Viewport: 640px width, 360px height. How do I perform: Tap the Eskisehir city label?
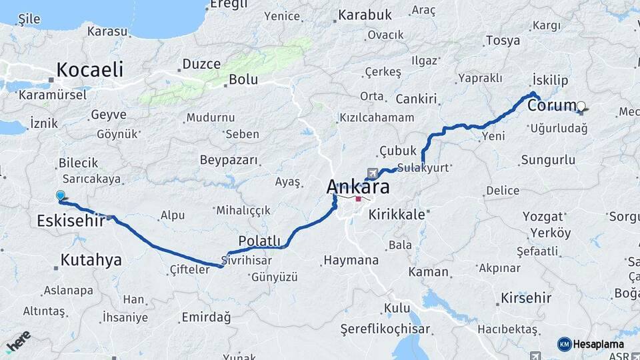[71, 220]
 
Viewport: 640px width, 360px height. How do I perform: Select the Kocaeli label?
[90, 69]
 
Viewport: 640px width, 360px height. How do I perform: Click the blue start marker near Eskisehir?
[61, 195]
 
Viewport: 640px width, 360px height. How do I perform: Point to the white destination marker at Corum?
[581, 106]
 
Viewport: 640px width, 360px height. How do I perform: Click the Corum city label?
[551, 106]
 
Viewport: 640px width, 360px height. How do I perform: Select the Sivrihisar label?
[249, 260]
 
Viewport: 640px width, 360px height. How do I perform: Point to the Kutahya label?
[91, 260]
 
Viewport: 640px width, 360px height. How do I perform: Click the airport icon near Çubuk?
[372, 173]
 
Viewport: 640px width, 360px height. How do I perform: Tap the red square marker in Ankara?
[359, 198]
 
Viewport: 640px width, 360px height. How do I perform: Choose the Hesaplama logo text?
[599, 344]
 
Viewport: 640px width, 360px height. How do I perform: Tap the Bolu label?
[243, 79]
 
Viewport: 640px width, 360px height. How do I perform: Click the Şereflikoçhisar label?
[385, 329]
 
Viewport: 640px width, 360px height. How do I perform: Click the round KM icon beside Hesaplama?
[564, 344]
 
